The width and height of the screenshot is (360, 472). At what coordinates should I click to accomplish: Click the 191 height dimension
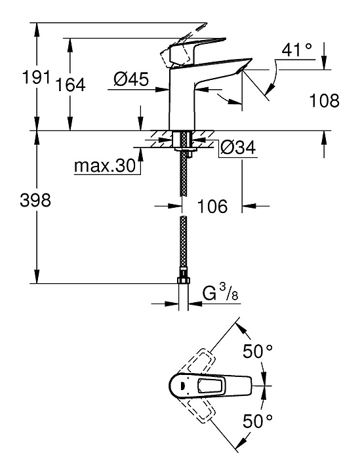point(36,77)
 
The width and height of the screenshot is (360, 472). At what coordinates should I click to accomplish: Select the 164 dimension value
point(71,85)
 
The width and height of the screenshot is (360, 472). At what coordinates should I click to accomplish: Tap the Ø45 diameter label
point(131,79)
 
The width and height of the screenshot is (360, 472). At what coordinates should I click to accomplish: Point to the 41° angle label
point(296,50)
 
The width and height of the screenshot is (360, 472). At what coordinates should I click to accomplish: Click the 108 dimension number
point(325,100)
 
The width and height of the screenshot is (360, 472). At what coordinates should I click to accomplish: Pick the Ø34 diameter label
point(238,147)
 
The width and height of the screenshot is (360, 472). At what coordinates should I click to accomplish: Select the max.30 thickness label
point(105,166)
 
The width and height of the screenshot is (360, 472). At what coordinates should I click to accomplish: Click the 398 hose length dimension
point(35,200)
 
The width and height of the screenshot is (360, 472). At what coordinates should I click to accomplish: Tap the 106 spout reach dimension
point(212,206)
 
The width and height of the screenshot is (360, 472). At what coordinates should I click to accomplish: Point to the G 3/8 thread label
point(220,293)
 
